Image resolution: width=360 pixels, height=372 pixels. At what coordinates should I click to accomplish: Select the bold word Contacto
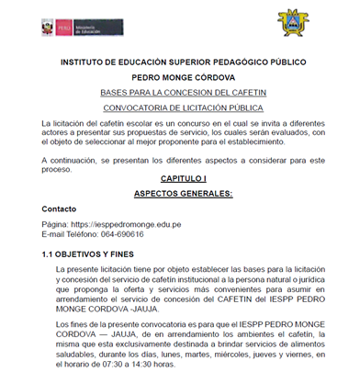(x=61, y=209)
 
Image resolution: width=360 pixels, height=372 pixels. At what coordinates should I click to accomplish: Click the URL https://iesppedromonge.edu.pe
(x=124, y=224)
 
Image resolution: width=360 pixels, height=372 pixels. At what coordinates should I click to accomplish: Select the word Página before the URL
(x=55, y=224)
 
